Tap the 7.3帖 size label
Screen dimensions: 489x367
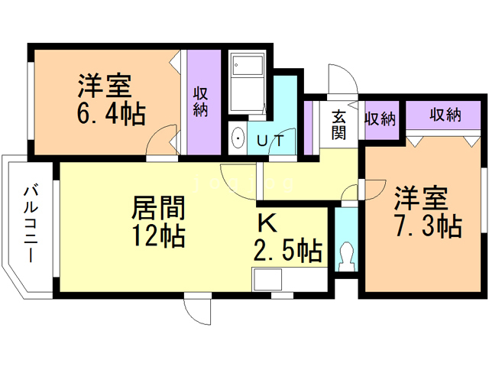[429, 226]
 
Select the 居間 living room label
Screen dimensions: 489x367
[158, 207]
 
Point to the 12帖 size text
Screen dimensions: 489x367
[158, 236]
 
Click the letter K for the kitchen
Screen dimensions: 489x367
[267, 222]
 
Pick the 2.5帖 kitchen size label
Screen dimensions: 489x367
[287, 250]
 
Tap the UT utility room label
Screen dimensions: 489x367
[270, 141]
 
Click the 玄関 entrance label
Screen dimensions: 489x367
[338, 125]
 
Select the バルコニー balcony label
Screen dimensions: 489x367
[31, 223]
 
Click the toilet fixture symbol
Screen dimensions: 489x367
[346, 257]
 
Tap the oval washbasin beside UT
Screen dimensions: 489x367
[238, 138]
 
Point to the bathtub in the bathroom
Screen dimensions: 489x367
[248, 83]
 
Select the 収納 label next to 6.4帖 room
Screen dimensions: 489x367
[200, 102]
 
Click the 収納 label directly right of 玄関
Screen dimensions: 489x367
[381, 119]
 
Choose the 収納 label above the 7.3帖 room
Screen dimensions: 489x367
[445, 115]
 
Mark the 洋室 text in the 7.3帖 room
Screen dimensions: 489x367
[421, 198]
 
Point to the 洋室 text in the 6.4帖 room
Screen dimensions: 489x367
[105, 85]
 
